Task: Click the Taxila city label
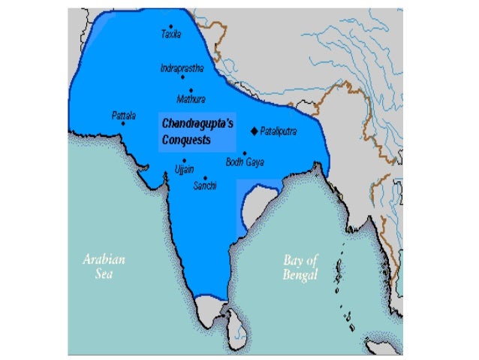[x=171, y=35]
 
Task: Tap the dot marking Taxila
[x=171, y=26]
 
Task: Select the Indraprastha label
[x=182, y=67]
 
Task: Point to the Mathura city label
[x=190, y=98]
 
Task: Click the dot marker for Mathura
[x=191, y=89]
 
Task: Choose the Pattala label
[x=123, y=116]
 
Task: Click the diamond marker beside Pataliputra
[x=254, y=131]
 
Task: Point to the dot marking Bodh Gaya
[x=244, y=153]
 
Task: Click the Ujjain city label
[x=185, y=169]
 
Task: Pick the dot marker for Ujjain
[x=184, y=160]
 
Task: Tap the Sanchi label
[x=205, y=186]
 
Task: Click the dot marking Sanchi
[x=205, y=177]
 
